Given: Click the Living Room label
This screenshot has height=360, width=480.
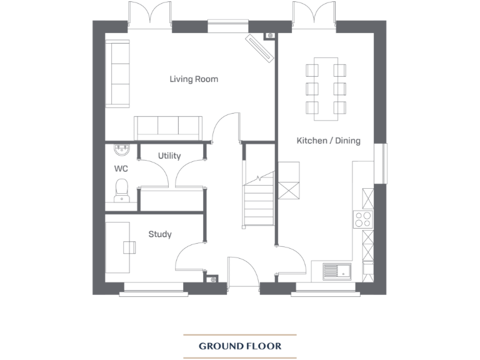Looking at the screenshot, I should click(194, 79).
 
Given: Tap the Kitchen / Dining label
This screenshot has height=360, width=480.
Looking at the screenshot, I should click(328, 141).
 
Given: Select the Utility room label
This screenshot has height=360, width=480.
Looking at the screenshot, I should click(169, 156).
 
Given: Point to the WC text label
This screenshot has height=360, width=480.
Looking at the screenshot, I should click(120, 169).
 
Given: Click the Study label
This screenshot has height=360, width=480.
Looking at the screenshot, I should click(159, 234).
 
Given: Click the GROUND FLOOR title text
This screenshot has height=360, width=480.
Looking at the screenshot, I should click(240, 346).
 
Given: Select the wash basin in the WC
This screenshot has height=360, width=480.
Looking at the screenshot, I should click(121, 150).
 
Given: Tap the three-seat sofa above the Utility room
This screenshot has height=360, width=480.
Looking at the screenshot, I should click(168, 127).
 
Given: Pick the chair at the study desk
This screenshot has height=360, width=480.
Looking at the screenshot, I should click(131, 247).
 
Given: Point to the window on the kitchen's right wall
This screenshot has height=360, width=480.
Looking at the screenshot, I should click(381, 164).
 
